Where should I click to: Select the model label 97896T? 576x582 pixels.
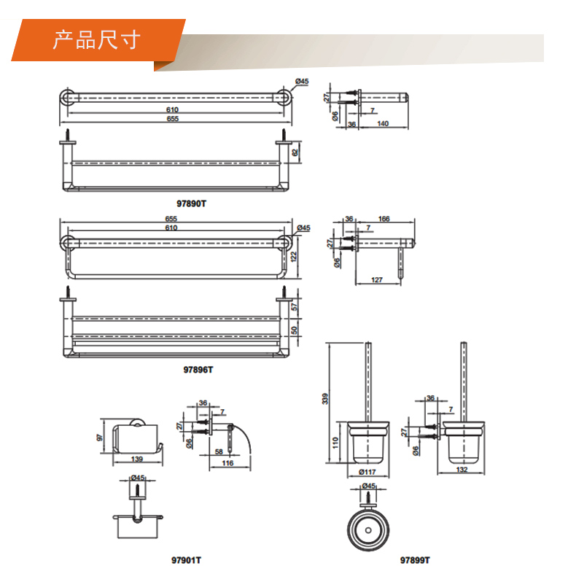click(x=198, y=369)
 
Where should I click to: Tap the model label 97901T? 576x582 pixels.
click(x=187, y=560)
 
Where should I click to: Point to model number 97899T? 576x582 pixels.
click(x=415, y=560)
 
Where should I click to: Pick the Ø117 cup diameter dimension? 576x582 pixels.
click(x=367, y=472)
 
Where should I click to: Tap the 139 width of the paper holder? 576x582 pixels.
click(x=137, y=458)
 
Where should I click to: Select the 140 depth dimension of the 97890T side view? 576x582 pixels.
click(x=382, y=125)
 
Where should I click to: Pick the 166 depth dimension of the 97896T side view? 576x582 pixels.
click(x=384, y=218)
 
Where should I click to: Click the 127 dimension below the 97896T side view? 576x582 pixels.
click(x=377, y=279)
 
